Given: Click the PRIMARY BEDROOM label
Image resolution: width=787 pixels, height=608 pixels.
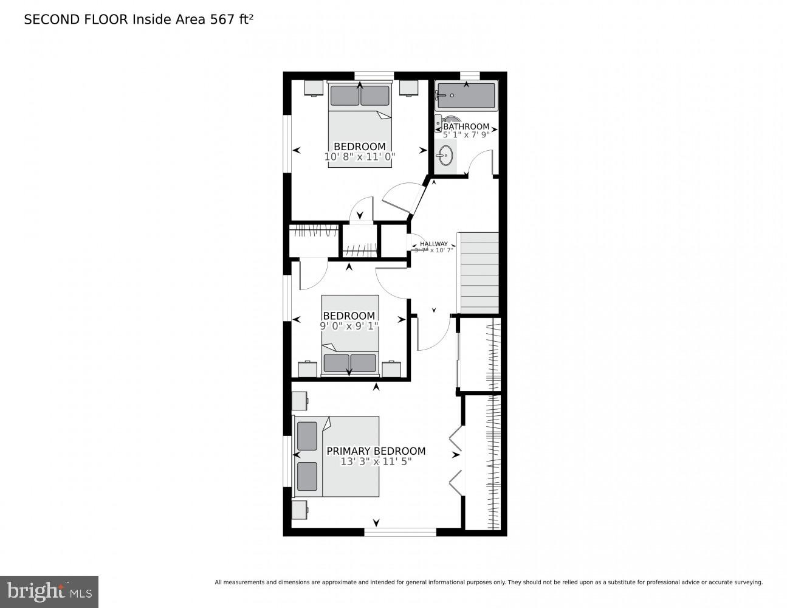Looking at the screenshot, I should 376,451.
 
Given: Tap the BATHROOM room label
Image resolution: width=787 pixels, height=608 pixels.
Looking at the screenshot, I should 466,126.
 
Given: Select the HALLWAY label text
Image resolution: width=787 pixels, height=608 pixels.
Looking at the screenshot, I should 433,244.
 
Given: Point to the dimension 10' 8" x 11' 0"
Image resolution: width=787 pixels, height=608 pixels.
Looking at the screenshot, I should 360,156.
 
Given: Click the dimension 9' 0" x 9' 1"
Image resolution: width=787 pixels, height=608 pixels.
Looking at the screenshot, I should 349,326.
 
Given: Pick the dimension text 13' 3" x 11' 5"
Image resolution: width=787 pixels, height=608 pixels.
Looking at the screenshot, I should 376,461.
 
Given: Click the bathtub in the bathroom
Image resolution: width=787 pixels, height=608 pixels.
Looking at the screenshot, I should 466,96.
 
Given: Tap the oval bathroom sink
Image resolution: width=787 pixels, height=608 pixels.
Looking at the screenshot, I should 445,156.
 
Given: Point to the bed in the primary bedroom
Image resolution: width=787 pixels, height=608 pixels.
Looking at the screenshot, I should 337,456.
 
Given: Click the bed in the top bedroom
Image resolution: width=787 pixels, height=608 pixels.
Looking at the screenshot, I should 359,125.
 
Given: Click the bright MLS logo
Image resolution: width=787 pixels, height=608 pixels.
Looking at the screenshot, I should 49,591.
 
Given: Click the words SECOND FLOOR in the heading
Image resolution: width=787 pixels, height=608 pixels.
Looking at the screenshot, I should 76,19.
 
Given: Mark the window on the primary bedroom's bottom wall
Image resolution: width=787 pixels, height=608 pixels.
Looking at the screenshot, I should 400,533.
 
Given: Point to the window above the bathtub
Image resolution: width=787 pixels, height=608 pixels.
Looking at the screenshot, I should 470,75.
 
